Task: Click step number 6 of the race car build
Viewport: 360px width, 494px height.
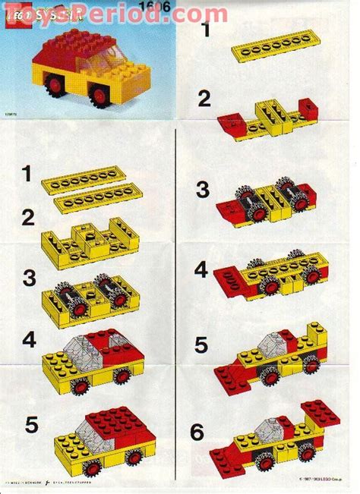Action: [197, 433]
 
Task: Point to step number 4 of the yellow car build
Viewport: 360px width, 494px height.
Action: [29, 341]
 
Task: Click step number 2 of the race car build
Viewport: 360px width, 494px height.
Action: [203, 98]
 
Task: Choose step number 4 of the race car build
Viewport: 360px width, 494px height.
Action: [201, 269]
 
